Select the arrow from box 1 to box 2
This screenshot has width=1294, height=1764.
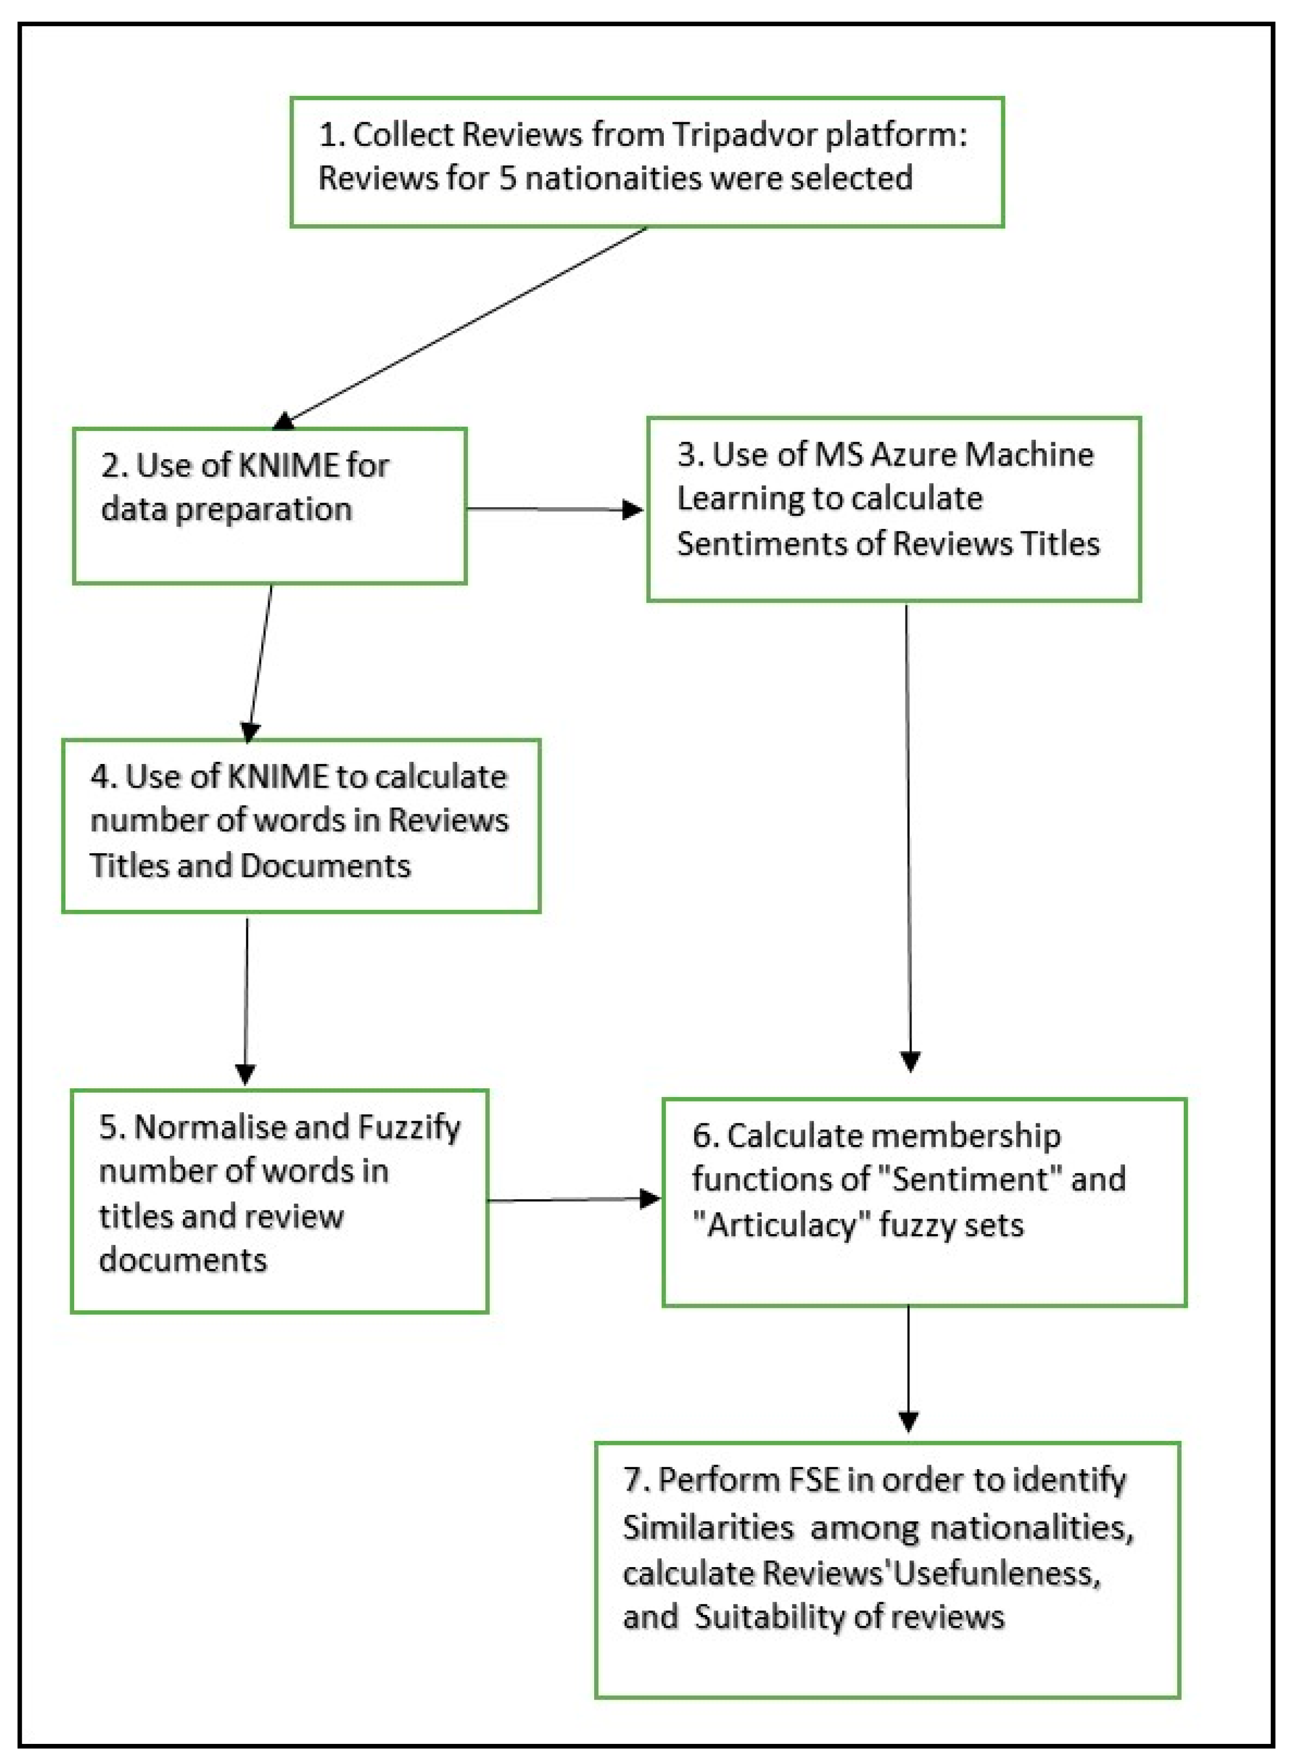tap(462, 328)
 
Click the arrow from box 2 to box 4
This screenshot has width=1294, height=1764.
tap(260, 662)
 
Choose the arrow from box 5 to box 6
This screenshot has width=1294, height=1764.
tap(572, 1199)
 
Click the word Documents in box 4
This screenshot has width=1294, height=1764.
tap(325, 866)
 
